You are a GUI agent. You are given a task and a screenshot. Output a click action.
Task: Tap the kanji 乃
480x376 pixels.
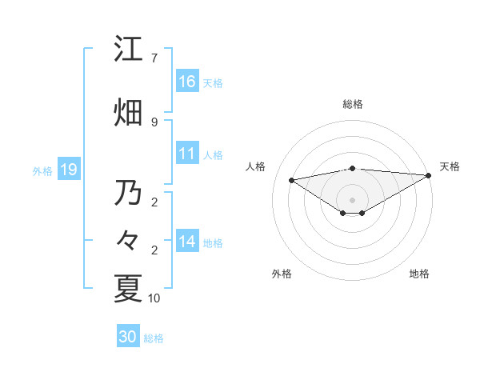pyautogui.click(x=129, y=193)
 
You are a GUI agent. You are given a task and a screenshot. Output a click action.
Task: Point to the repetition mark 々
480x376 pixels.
pyautogui.click(x=129, y=240)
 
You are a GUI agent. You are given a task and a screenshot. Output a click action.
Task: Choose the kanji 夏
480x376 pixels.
pyautogui.click(x=129, y=289)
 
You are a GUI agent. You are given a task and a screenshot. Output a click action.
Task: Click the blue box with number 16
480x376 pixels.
pyautogui.click(x=187, y=81)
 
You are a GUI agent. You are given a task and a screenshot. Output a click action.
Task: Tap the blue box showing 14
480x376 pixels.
pyautogui.click(x=187, y=241)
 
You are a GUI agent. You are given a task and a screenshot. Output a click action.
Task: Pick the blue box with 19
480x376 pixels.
pyautogui.click(x=68, y=170)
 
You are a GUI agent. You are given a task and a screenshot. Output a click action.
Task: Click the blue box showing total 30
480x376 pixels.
pyautogui.click(x=128, y=337)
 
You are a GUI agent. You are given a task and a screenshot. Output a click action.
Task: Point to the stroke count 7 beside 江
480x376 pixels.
pyautogui.click(x=154, y=58)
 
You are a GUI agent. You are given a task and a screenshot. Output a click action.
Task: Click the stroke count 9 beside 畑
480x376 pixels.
pyautogui.click(x=154, y=122)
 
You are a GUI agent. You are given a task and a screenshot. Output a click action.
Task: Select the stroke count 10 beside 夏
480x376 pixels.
pyautogui.click(x=154, y=298)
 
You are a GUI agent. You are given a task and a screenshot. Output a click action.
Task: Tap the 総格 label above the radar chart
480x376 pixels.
pyautogui.click(x=353, y=104)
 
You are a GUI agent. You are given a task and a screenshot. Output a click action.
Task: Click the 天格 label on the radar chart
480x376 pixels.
pyautogui.click(x=450, y=166)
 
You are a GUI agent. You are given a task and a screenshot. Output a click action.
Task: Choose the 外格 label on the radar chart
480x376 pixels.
pyautogui.click(x=282, y=274)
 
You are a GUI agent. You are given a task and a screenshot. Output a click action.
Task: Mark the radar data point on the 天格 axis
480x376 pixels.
pyautogui.click(x=429, y=175)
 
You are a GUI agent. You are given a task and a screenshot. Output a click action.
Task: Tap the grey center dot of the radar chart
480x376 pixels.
pyautogui.click(x=352, y=198)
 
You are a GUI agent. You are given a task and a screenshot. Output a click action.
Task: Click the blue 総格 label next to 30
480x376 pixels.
pyautogui.click(x=154, y=338)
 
